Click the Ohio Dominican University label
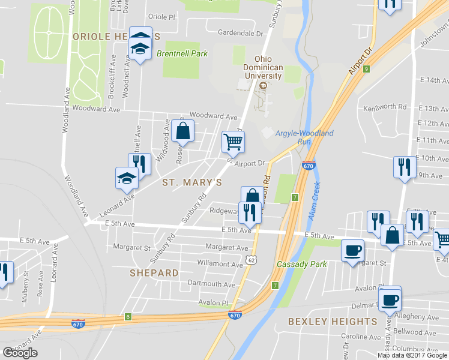coord(268,68)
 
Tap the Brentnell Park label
coord(182,53)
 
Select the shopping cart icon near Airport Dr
coord(233,142)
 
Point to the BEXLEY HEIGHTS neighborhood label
coord(333,322)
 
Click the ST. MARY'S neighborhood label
coord(192,182)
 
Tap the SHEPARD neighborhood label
coord(154,273)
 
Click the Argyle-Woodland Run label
coord(304,137)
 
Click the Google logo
coord(20,353)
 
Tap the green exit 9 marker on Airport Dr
coord(366,69)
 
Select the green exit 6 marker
coord(128,316)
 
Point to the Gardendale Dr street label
coord(241,34)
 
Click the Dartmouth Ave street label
coord(211,284)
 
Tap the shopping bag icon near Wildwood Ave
coord(182,130)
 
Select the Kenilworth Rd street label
coord(385,107)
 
